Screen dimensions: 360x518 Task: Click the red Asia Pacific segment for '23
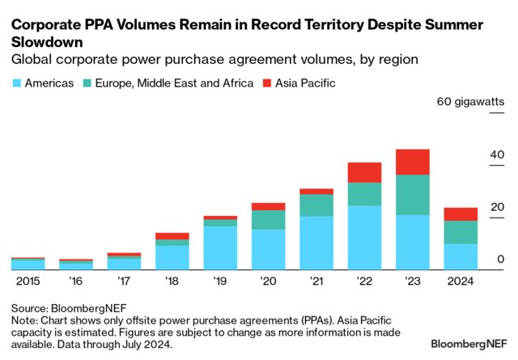(x=413, y=162)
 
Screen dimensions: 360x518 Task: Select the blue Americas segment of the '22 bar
(x=364, y=237)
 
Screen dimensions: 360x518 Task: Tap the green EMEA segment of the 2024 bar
(x=461, y=232)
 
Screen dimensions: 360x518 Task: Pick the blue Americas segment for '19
(x=220, y=247)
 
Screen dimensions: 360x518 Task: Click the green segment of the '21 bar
(x=316, y=205)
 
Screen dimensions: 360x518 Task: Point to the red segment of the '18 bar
(x=172, y=236)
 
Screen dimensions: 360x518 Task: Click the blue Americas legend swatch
(x=17, y=83)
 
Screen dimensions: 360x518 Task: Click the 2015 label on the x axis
(x=27, y=281)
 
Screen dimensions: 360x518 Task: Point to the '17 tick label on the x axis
(x=123, y=281)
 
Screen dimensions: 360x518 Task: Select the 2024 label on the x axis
(x=461, y=281)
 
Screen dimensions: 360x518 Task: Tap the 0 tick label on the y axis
(x=501, y=259)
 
